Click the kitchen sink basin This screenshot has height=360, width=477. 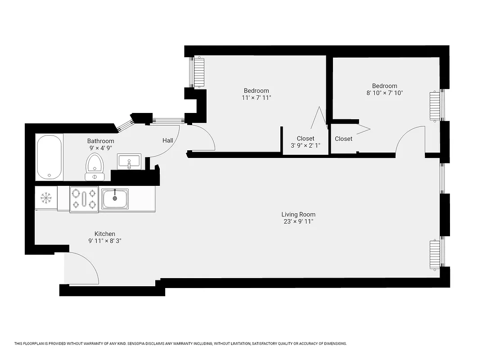[x=115, y=198]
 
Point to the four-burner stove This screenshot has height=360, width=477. [x=84, y=199]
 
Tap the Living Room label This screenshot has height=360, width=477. [x=298, y=215]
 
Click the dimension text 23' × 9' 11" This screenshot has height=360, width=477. [x=298, y=221]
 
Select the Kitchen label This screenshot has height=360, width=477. [x=105, y=234]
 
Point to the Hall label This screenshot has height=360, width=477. [x=168, y=141]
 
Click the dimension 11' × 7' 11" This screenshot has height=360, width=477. [x=256, y=97]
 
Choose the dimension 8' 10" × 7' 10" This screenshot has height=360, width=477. [x=384, y=93]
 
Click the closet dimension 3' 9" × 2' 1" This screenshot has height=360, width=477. [x=306, y=145]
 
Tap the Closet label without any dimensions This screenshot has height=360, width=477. [x=343, y=139]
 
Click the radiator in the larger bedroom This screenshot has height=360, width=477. [x=199, y=72]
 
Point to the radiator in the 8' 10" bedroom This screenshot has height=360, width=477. [x=434, y=106]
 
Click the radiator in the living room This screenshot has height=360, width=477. [x=434, y=254]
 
